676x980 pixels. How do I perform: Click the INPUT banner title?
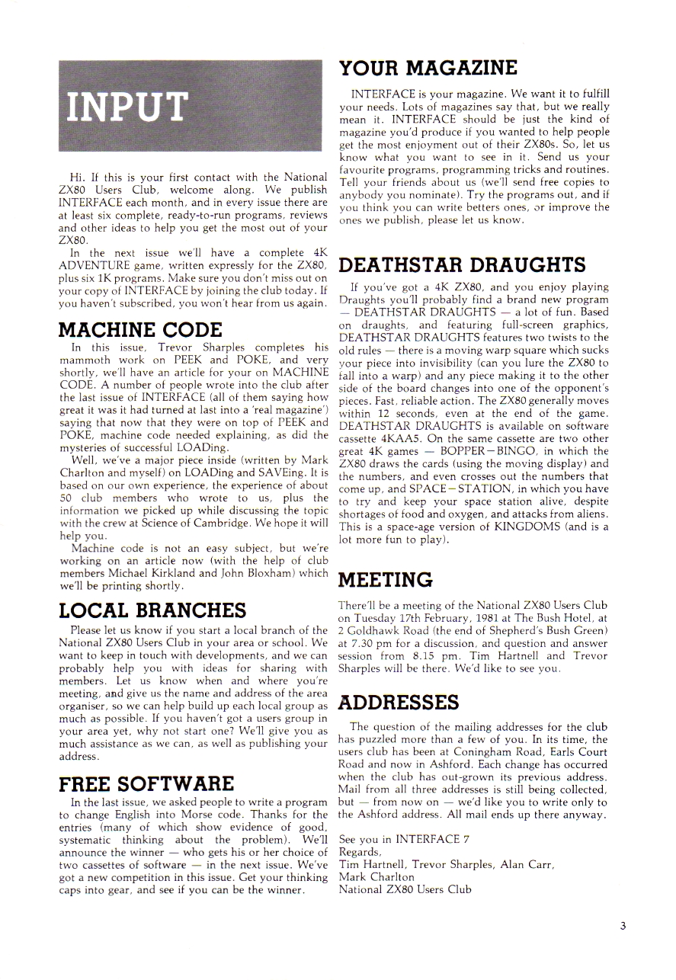pyautogui.click(x=127, y=106)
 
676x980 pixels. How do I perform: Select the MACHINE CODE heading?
pyautogui.click(x=140, y=329)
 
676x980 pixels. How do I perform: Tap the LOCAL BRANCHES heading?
pyautogui.click(x=152, y=610)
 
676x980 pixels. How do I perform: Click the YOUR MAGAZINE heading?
pyautogui.click(x=428, y=68)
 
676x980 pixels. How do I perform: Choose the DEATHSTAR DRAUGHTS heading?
pyautogui.click(x=462, y=265)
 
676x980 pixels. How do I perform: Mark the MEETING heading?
pyautogui.click(x=385, y=581)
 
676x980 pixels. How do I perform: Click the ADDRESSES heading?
pyautogui.click(x=399, y=701)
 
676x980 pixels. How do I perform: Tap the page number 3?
pyautogui.click(x=623, y=926)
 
